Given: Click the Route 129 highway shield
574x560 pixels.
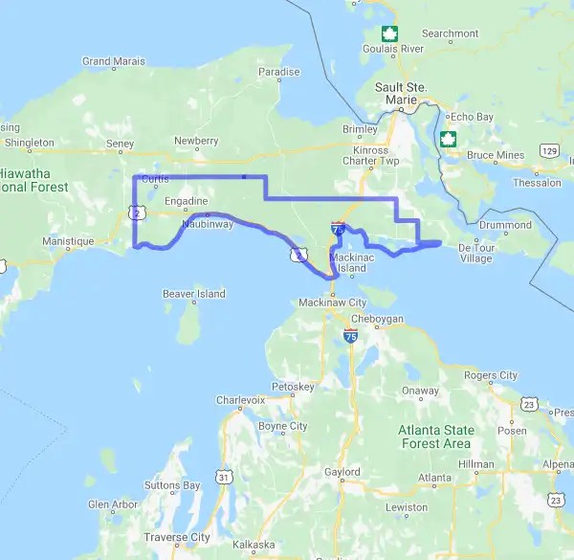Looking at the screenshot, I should tap(549, 150).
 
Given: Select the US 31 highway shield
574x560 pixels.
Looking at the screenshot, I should tap(223, 476).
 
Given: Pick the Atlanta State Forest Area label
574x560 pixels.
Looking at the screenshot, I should tap(435, 437).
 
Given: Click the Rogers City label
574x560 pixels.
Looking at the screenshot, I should tap(490, 375).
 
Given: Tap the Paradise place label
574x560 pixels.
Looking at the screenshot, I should tap(278, 72).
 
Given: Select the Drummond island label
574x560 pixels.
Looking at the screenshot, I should tap(505, 225).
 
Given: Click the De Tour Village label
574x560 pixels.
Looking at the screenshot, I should tap(475, 253).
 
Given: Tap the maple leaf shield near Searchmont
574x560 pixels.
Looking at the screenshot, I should tap(388, 33).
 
